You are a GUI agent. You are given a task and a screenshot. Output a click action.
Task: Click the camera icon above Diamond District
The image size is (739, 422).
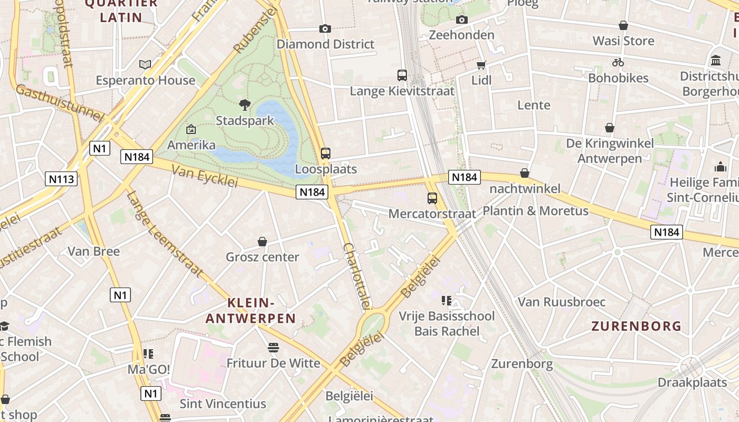click(325, 28)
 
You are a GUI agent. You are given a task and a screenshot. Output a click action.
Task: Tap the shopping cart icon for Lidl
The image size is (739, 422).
click(481, 65)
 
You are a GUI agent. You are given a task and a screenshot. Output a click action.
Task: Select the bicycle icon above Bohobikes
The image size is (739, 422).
click(618, 62)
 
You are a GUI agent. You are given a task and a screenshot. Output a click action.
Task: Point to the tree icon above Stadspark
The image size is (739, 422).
click(244, 104)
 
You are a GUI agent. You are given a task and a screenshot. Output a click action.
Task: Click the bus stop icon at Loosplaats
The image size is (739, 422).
click(326, 154)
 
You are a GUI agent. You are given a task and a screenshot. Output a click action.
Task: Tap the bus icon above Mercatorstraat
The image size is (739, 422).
click(432, 198)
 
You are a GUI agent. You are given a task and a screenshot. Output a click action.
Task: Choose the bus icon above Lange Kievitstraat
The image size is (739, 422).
click(402, 75)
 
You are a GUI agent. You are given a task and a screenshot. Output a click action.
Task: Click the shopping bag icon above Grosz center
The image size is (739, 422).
click(262, 242)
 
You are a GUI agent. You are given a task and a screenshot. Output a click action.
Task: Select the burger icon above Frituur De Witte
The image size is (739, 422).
click(273, 348)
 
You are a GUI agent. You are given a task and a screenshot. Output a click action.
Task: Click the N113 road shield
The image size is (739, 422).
click(62, 179)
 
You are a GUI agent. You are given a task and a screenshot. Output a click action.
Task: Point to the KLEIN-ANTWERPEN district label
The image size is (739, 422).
click(251, 311)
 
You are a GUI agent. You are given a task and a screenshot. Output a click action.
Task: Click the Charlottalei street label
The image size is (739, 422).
click(357, 276)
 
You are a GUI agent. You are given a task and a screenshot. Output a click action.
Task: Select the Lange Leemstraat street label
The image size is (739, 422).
click(164, 234)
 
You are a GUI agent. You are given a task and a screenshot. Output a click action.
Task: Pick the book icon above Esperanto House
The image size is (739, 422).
click(145, 64)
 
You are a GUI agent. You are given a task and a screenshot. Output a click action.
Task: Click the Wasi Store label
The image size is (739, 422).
click(623, 41)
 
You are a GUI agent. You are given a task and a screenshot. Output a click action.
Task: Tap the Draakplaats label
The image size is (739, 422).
click(692, 382)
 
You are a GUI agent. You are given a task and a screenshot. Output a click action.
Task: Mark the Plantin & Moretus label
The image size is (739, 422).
click(535, 211)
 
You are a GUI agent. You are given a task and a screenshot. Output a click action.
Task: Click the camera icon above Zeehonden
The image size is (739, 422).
click(462, 20)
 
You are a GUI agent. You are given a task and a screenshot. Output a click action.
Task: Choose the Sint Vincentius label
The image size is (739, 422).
click(223, 404)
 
